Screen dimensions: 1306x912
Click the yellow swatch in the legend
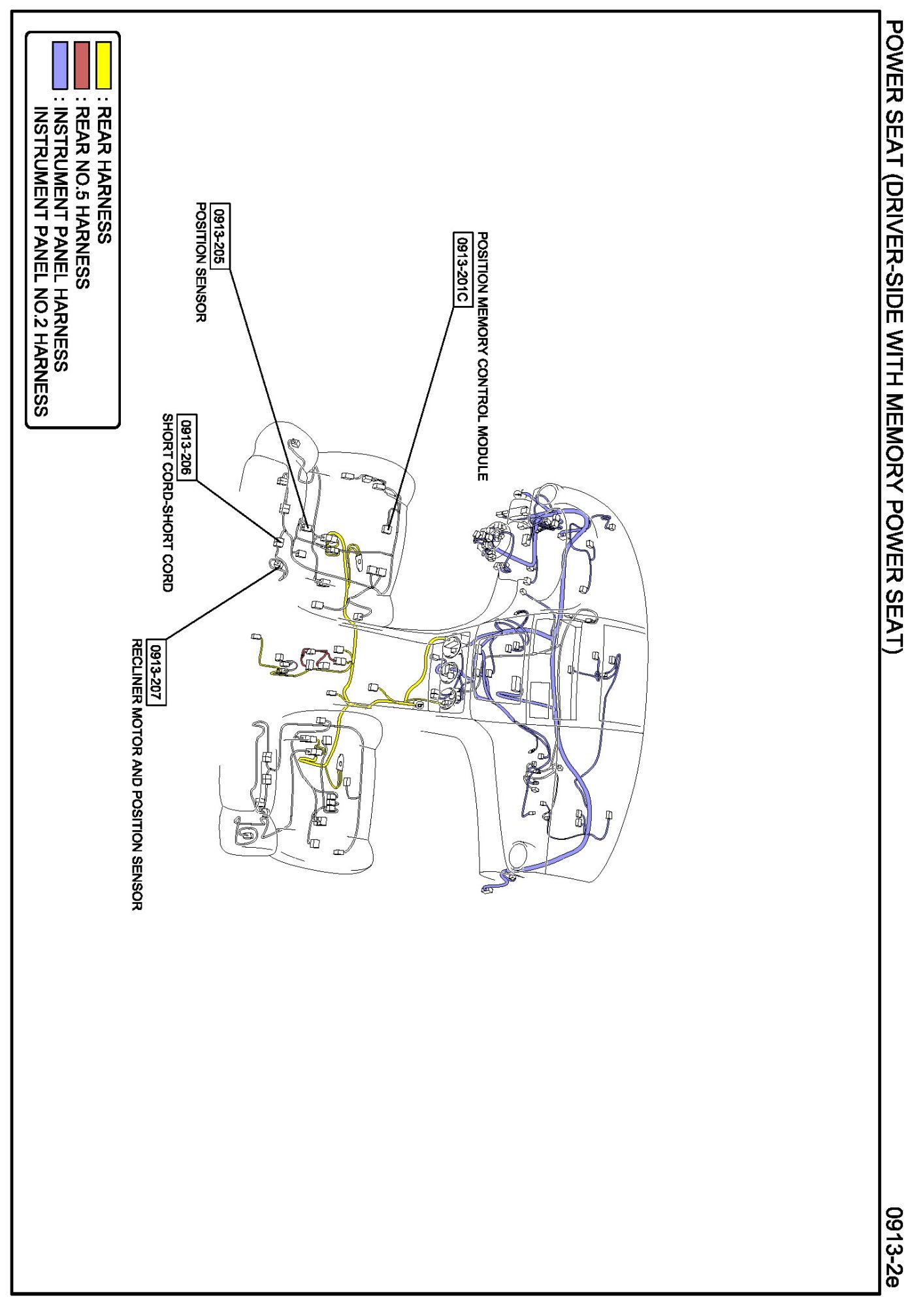[103, 65]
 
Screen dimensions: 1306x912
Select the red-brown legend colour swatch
[82, 65]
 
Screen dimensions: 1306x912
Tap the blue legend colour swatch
[60, 65]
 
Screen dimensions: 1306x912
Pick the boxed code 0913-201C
[462, 269]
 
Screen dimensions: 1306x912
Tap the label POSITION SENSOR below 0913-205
[202, 262]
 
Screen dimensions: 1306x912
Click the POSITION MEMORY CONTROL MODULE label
[482, 356]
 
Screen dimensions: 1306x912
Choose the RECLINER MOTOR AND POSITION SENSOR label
[137, 775]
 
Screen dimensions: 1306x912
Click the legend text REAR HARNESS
[104, 176]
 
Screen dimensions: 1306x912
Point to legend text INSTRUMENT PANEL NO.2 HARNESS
[41, 261]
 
